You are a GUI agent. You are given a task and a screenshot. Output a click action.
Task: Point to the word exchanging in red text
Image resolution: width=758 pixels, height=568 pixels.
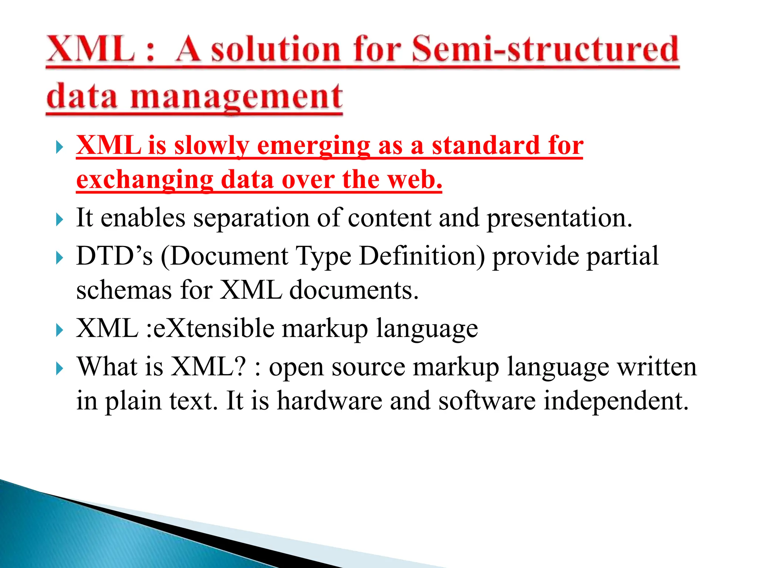144,180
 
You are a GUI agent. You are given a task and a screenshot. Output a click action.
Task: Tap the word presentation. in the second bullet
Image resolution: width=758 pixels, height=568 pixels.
559,218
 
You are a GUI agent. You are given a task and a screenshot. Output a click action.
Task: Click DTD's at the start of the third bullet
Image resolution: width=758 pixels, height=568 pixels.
114,256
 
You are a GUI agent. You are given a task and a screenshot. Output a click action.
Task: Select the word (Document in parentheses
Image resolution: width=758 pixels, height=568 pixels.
224,256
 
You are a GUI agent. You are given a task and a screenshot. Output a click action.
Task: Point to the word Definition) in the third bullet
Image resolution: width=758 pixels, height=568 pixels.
422,256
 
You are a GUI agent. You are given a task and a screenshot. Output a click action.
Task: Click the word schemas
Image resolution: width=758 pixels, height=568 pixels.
124,290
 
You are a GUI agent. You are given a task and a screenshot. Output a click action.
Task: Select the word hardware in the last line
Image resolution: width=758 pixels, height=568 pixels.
329,401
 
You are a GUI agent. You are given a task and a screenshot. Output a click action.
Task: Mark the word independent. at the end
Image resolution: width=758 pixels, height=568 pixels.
616,401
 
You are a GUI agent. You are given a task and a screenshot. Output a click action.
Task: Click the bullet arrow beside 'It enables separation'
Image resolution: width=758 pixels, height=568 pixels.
59,220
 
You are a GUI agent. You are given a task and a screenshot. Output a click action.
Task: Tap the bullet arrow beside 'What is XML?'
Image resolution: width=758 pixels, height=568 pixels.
59,369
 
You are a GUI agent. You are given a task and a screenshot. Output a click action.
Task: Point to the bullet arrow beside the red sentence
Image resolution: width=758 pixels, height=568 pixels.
59,148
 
